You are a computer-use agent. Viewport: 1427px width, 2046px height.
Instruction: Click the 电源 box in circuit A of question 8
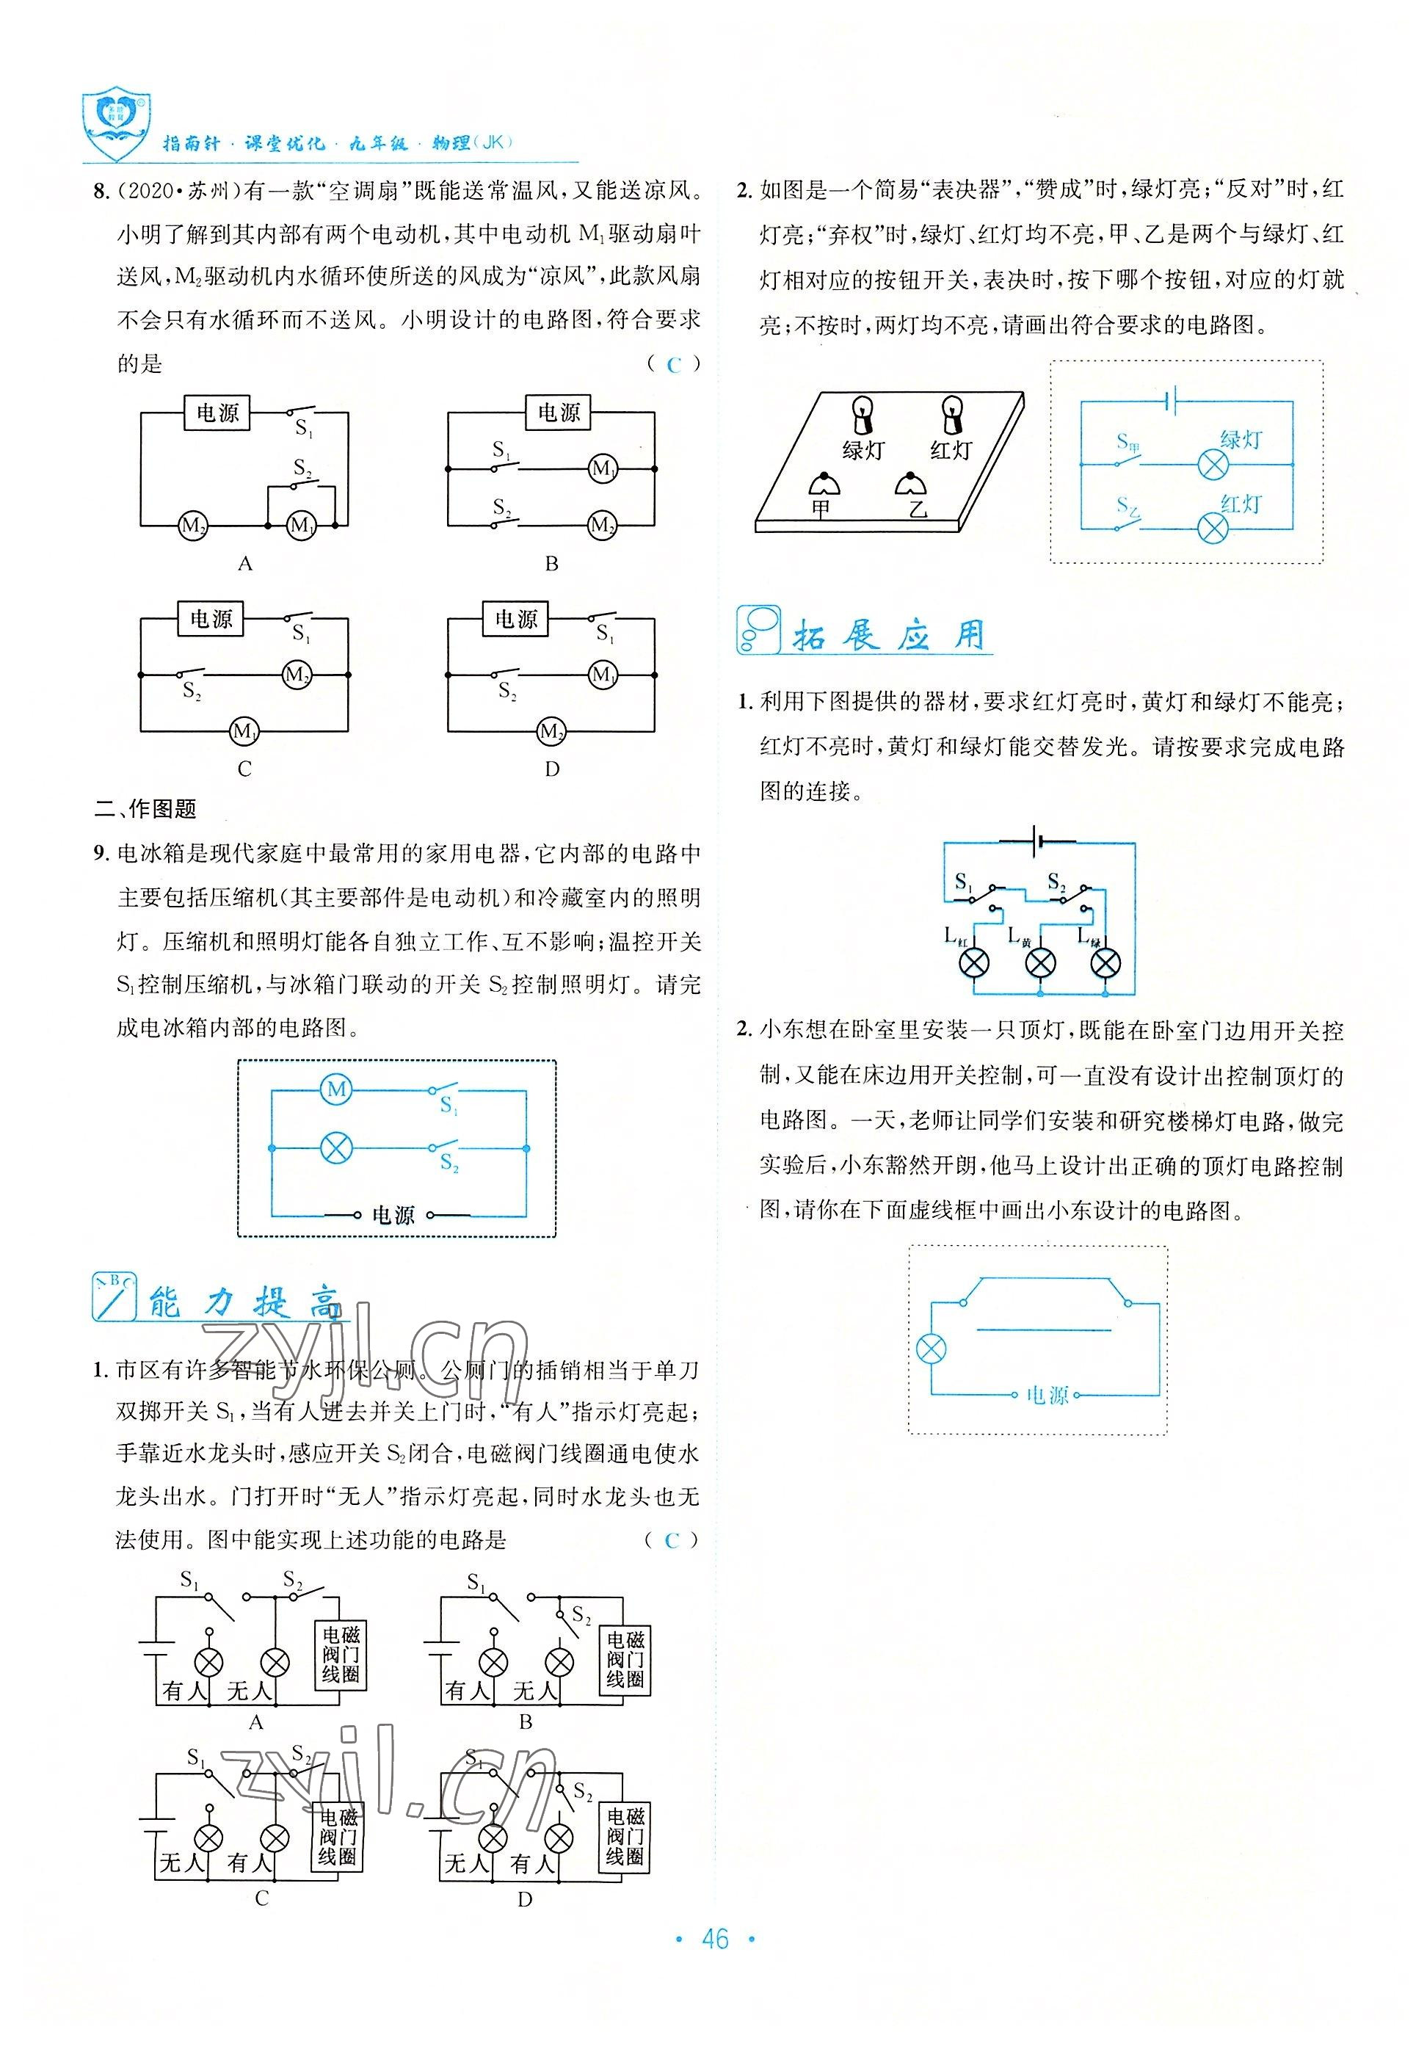tap(217, 413)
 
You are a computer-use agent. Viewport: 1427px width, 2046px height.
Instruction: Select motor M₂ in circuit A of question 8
tap(192, 525)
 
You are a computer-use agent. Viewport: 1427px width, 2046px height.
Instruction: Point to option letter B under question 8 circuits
tap(551, 563)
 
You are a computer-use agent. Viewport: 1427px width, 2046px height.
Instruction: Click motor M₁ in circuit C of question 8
tap(243, 732)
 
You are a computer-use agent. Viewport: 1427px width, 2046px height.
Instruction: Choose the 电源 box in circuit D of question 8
tap(516, 618)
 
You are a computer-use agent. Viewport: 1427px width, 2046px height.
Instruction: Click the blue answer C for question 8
tap(673, 364)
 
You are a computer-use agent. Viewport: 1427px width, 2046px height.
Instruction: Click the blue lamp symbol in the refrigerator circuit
tap(335, 1149)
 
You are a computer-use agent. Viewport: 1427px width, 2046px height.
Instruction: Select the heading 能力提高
tap(241, 1302)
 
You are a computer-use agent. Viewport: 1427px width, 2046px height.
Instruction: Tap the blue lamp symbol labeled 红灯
tap(1213, 529)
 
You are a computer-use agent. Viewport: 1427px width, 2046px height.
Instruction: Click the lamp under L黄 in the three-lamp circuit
tap(1040, 962)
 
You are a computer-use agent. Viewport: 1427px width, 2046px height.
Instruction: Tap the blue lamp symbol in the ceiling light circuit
tap(931, 1349)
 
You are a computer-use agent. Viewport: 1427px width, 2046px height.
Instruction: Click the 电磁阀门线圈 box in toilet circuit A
tap(341, 1655)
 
